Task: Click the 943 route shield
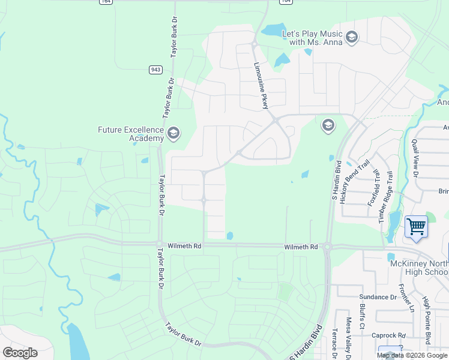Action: tap(155, 70)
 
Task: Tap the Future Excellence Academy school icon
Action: tap(173, 133)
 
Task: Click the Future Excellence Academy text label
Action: tap(131, 134)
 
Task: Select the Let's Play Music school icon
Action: tap(351, 38)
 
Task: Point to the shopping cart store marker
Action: tap(416, 227)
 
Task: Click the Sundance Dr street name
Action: tap(378, 297)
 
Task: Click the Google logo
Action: tap(20, 353)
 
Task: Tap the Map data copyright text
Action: tap(411, 355)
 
